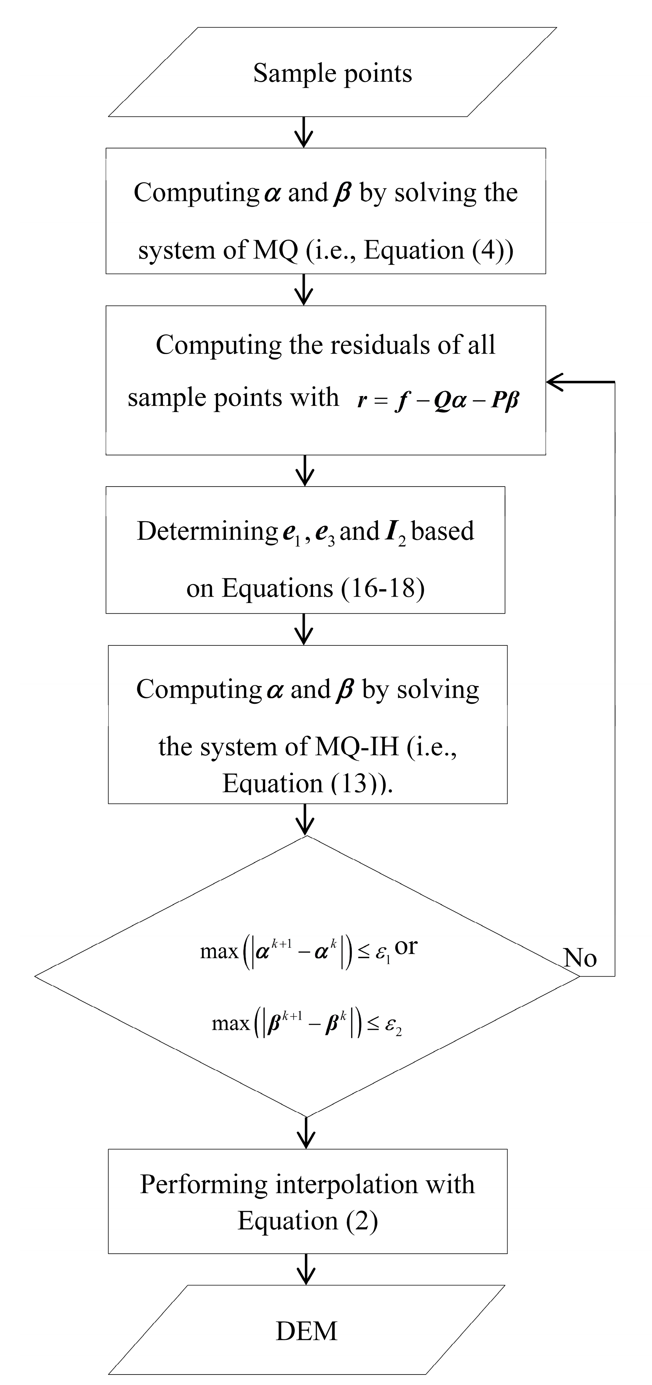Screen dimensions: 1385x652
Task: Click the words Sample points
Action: tap(332, 73)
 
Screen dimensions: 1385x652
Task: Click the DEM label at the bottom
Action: tap(306, 1331)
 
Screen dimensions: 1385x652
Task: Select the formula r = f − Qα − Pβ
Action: tap(438, 401)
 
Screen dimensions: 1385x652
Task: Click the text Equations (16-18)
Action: tap(305, 588)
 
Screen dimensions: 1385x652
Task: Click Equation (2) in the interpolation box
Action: tap(307, 1221)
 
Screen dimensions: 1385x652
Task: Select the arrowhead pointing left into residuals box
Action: tap(556, 382)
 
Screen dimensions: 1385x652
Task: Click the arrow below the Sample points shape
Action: tap(304, 132)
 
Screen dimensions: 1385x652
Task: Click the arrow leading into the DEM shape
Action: tap(306, 1269)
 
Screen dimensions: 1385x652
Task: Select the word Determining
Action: tap(207, 531)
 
